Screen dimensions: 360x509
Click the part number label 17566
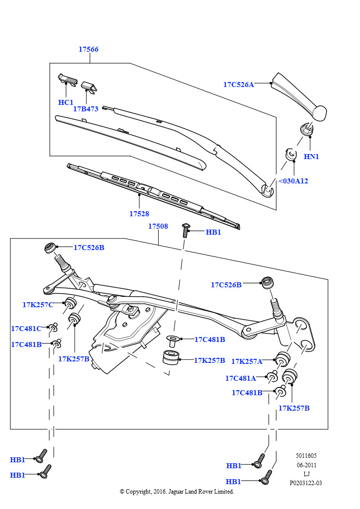coord(89,49)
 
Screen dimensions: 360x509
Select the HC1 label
coord(66,102)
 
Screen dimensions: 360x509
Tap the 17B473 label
coord(86,109)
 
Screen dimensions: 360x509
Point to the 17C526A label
coord(239,85)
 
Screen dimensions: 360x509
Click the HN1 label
coord(311,157)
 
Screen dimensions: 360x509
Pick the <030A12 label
coord(293,181)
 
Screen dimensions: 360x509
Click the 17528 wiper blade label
coord(139,214)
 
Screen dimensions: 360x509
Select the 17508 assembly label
coord(158,226)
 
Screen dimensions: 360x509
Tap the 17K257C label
coord(38,305)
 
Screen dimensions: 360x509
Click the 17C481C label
coord(26,329)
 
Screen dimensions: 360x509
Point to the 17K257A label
coord(247,361)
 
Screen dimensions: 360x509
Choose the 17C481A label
coord(241,378)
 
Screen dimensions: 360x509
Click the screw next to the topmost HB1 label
coord(185,231)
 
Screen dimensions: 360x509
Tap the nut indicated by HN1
coord(307,129)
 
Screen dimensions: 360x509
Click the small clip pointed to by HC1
coord(68,79)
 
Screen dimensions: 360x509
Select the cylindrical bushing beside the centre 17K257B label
coord(171,357)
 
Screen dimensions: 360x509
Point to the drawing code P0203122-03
coord(306,483)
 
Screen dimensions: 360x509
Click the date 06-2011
coord(306,465)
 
